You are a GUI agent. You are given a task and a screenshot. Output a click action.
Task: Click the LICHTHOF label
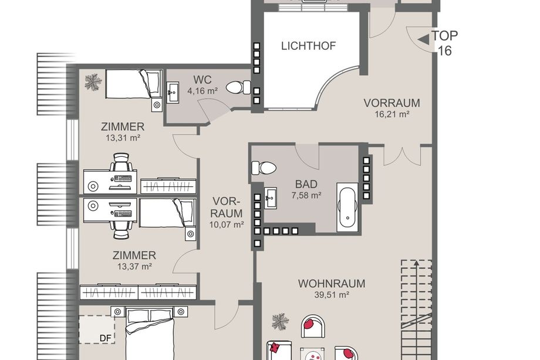pos(308,46)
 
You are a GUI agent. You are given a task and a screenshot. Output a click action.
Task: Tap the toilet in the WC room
pos(238,87)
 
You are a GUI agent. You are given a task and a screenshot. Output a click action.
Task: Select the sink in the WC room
pos(173,92)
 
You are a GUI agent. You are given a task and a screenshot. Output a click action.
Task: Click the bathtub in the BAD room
pos(347,207)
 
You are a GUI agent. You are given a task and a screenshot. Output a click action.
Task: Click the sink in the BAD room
pos(271,198)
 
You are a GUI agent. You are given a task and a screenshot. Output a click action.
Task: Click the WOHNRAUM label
pos(331,284)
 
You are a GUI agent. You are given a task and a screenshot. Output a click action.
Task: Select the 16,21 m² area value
pos(392,114)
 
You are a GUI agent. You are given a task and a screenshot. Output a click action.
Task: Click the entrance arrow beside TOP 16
pos(423,40)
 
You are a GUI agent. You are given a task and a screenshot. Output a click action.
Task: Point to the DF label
pos(106,338)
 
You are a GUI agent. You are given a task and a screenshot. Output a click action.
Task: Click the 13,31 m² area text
pos(123,138)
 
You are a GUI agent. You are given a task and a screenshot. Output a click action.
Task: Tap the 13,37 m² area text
pos(134,266)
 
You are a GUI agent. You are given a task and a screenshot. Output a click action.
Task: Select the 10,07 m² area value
pos(227,224)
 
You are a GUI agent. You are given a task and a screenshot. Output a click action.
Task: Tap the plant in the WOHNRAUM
pos(281,321)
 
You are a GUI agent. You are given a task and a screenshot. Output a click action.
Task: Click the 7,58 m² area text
pos(306,196)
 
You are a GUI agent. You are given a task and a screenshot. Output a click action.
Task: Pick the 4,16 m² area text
pos(203,91)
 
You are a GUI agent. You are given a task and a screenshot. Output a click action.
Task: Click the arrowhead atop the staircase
pos(416,263)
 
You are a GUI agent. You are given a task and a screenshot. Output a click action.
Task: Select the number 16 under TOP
pos(444,51)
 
